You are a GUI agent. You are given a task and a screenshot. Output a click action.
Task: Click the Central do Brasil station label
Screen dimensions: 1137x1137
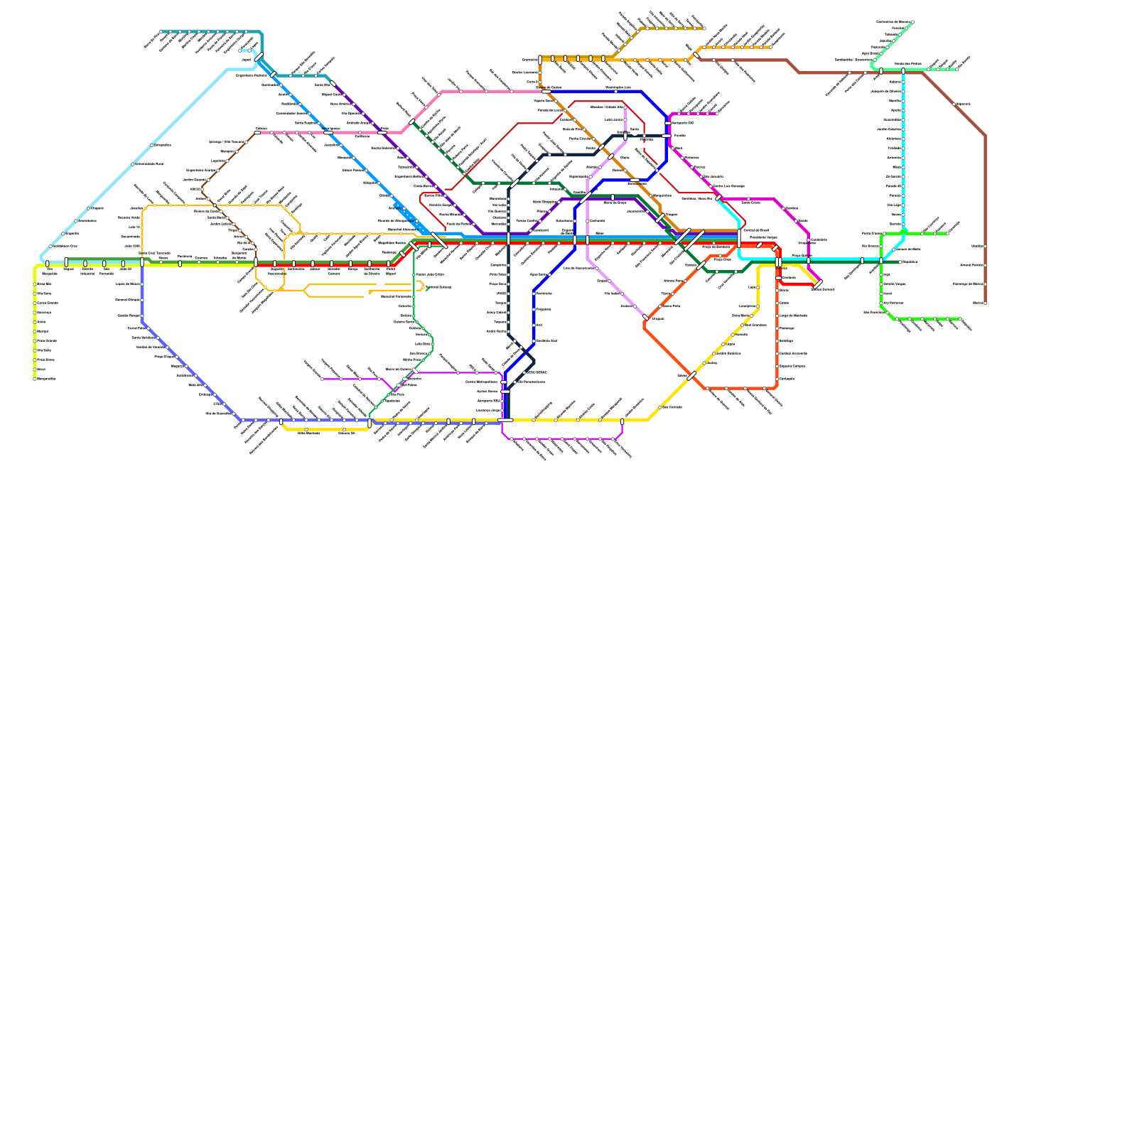coord(755,230)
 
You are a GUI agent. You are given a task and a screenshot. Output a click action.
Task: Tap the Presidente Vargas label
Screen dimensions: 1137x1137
coord(763,237)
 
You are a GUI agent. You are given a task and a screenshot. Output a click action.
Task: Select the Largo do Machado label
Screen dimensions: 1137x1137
coord(793,316)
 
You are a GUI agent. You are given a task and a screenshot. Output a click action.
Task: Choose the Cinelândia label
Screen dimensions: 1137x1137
coord(789,278)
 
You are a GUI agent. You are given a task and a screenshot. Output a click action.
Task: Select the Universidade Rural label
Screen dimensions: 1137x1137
coord(149,164)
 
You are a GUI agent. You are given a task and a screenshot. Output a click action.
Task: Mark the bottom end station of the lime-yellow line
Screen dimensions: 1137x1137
coord(35,379)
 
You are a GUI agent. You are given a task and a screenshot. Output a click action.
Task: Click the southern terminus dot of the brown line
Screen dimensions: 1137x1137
coord(985,303)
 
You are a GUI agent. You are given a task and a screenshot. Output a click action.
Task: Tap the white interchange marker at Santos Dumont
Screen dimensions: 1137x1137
coord(818,284)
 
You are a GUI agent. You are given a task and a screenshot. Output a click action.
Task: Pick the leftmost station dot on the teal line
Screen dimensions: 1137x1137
coord(163,32)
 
